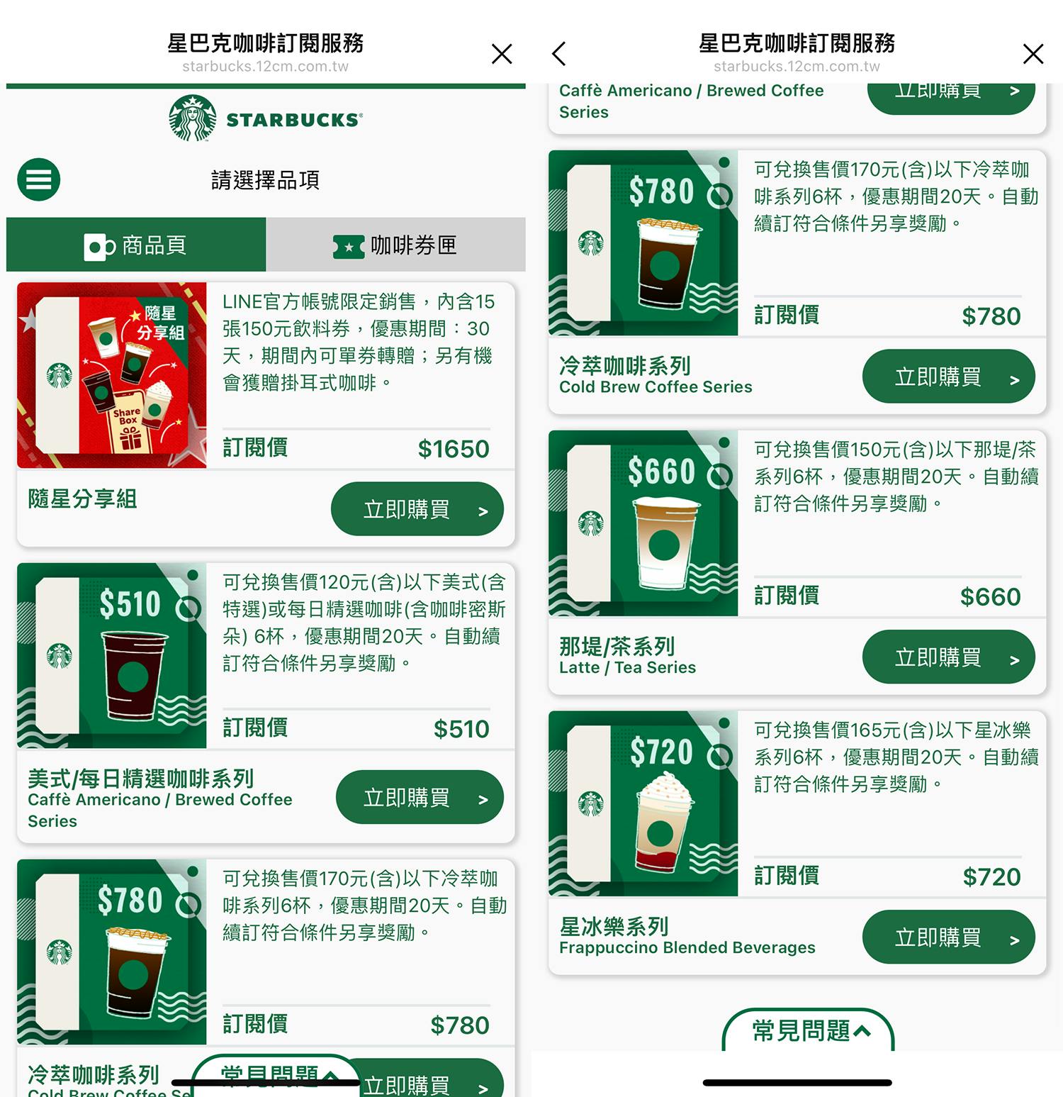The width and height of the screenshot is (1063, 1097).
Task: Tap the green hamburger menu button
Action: (x=39, y=179)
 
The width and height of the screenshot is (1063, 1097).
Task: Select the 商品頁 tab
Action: (x=136, y=245)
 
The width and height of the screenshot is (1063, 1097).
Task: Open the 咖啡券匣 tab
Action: (x=395, y=245)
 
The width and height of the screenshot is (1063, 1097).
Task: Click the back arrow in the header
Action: (x=559, y=53)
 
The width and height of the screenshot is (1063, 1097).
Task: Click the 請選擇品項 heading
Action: (x=265, y=180)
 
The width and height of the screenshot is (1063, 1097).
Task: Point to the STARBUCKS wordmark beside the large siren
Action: (x=294, y=120)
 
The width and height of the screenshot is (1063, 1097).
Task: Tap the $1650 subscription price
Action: (x=454, y=449)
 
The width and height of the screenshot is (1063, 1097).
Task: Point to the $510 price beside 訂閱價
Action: (x=461, y=729)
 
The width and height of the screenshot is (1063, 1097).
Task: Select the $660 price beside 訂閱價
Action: (x=990, y=597)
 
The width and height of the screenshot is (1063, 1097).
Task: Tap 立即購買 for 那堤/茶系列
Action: (x=948, y=657)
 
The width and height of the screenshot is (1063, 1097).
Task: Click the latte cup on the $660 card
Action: (x=665, y=542)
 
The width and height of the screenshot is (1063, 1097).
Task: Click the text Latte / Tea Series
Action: (x=627, y=667)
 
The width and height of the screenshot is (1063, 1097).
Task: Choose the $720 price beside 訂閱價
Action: (x=991, y=877)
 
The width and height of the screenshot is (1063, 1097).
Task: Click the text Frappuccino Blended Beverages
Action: (x=687, y=947)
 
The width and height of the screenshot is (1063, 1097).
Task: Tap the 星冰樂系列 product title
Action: (x=614, y=926)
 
